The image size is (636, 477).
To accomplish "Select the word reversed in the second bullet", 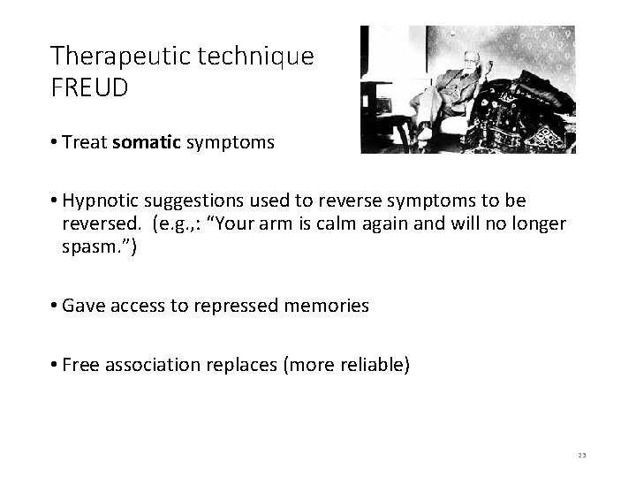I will pos(96,223).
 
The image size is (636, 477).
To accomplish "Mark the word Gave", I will pos(83,306).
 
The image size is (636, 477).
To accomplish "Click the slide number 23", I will pos(582,455).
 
